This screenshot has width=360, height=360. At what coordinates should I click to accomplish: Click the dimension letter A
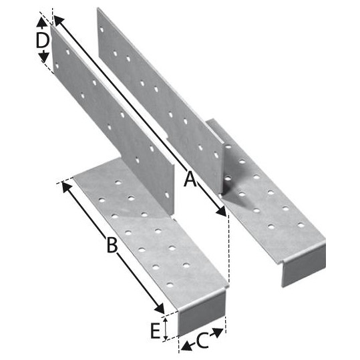190,179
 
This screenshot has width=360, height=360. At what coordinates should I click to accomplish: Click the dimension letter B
112,245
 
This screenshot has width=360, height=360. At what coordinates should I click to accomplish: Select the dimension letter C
202,341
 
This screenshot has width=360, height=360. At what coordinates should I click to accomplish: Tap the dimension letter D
43,40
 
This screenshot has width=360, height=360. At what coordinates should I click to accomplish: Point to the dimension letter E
156,331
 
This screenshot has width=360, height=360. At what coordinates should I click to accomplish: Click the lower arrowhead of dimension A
220,210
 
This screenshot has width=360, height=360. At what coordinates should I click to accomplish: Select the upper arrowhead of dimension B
67,187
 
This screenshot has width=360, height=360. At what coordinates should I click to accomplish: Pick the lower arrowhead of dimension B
159,308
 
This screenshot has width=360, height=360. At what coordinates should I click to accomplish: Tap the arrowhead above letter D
41,22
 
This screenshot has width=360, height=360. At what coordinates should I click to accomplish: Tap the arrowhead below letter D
44,57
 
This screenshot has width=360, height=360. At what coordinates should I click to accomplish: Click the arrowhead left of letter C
186,346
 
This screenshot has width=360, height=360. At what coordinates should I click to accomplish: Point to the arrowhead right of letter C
217,333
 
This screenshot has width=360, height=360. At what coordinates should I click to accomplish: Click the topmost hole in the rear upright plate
102,29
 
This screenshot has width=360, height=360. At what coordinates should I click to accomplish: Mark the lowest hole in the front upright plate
167,196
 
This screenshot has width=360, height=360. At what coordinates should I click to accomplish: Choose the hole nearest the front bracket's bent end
170,285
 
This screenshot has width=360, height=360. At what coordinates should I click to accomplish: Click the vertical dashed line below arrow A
228,249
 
